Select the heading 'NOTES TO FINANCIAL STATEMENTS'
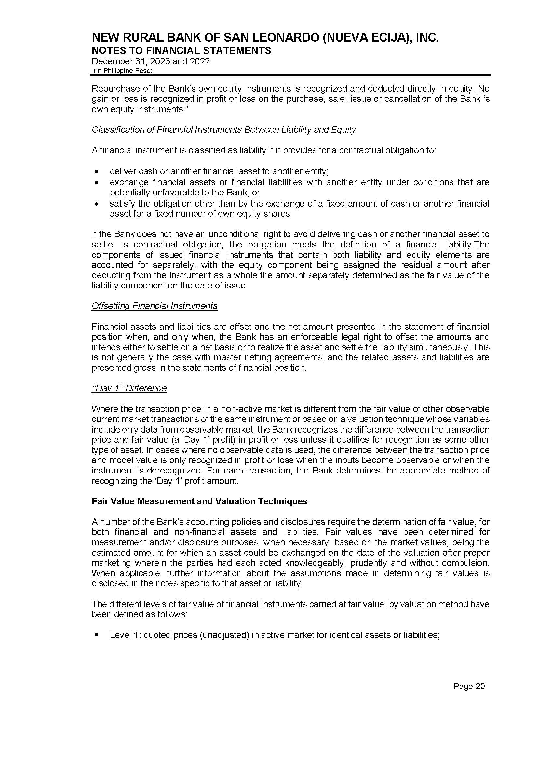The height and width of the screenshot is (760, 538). pyautogui.click(x=181, y=51)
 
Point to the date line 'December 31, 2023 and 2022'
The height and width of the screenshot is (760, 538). pyautogui.click(x=151, y=61)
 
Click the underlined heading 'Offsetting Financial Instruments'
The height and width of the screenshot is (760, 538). pyautogui.click(x=155, y=306)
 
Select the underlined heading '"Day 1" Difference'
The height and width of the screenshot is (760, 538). pyautogui.click(x=129, y=388)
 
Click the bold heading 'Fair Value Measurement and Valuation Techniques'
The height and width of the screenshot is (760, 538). pyautogui.click(x=199, y=501)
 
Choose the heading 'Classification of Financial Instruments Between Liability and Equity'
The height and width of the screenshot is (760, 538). pyautogui.click(x=223, y=129)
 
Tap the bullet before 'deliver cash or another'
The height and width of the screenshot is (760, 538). pyautogui.click(x=96, y=172)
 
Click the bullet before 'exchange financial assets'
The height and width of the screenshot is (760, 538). pyautogui.click(x=96, y=182)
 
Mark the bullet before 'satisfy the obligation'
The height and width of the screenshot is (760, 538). pyautogui.click(x=96, y=203)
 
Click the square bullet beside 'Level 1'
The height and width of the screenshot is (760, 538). pyautogui.click(x=96, y=635)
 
